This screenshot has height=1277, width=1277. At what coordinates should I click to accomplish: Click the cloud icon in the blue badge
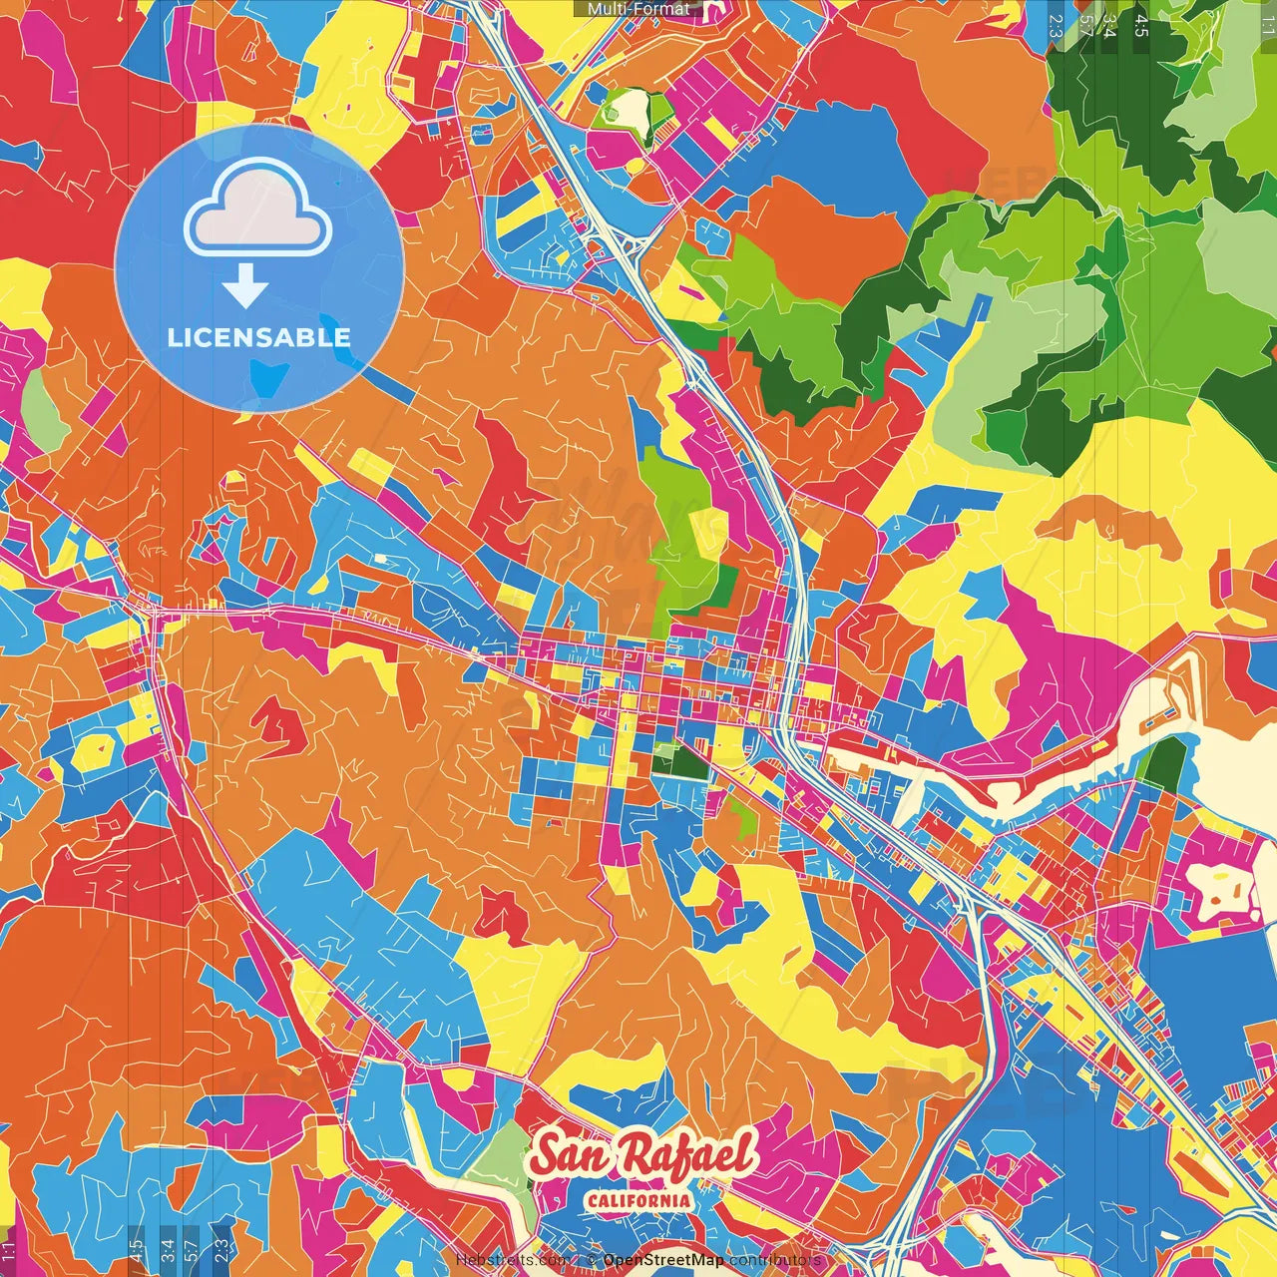pyautogui.click(x=257, y=212)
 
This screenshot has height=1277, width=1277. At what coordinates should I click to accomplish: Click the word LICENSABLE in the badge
pyautogui.click(x=259, y=337)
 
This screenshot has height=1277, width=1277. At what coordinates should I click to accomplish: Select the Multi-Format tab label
pyautogui.click(x=638, y=9)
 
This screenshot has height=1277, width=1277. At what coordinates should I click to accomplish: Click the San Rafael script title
pyautogui.click(x=642, y=1156)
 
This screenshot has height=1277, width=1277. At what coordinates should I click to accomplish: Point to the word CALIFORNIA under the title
pyautogui.click(x=638, y=1200)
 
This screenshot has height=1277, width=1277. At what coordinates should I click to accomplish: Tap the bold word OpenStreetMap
pyautogui.click(x=663, y=1260)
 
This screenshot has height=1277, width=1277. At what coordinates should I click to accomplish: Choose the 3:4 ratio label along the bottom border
pyautogui.click(x=166, y=1249)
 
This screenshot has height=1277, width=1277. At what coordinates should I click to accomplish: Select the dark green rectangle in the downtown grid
pyautogui.click(x=686, y=762)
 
